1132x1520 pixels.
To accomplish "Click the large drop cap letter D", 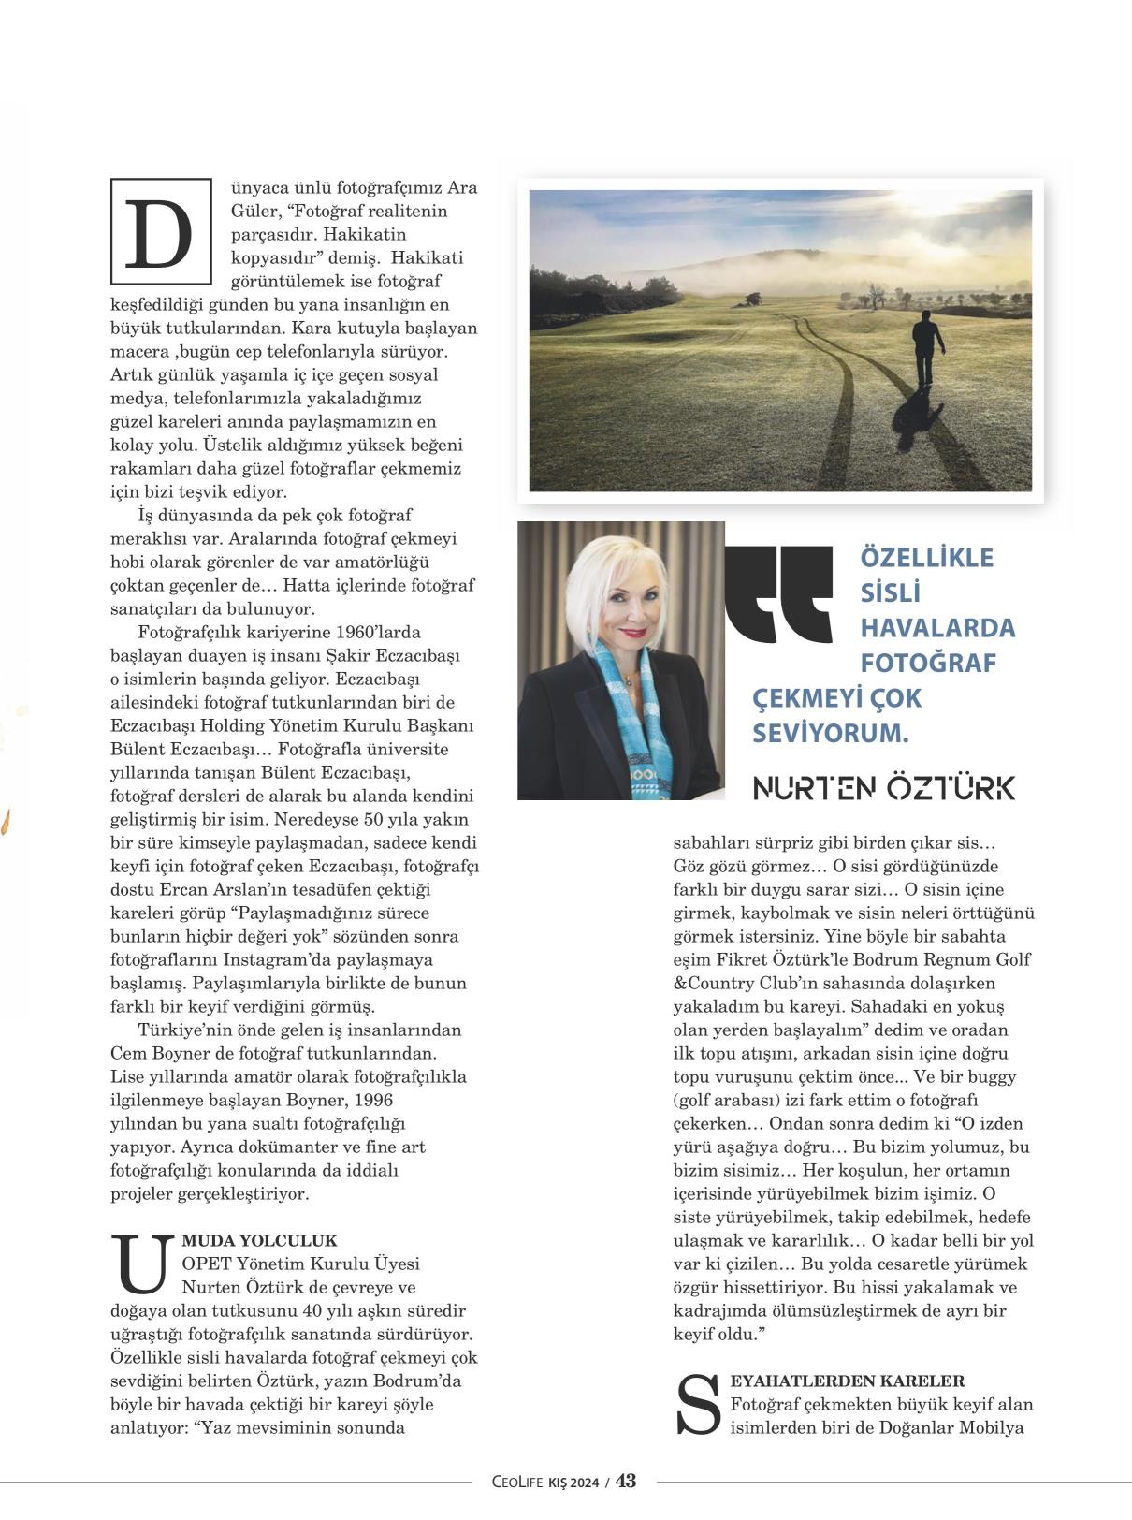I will (161, 231).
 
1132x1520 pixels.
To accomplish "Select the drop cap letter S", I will (699, 1405).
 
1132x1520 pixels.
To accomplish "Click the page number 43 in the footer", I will (626, 1481).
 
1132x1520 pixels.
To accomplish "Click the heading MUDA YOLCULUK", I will (259, 1241).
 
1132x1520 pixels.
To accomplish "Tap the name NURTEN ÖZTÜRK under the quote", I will (883, 788).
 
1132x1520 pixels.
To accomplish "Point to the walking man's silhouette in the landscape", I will (924, 346).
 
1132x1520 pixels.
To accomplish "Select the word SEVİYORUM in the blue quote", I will (830, 734).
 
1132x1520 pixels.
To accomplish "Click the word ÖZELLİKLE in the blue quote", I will (926, 558).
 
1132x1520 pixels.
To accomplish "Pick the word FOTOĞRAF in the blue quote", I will (927, 664).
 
